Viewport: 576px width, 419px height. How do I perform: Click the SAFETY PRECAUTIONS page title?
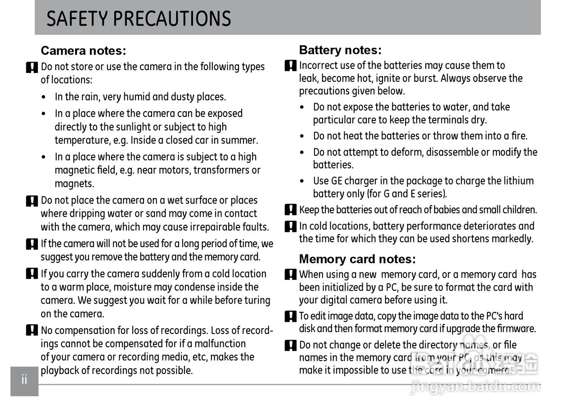[139, 19]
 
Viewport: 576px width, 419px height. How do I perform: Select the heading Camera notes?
[83, 50]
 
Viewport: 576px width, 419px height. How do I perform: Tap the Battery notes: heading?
[340, 50]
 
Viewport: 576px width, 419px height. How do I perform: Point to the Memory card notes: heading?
[357, 259]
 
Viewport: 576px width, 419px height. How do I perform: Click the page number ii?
[24, 379]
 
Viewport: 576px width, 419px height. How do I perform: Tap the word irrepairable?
[215, 227]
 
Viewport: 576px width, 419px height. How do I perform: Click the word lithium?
[518, 181]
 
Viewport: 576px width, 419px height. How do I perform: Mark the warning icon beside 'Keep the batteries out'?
[291, 210]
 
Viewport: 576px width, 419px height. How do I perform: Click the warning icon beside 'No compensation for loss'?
[32, 331]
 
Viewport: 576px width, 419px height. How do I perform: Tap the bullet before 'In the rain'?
[43, 98]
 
